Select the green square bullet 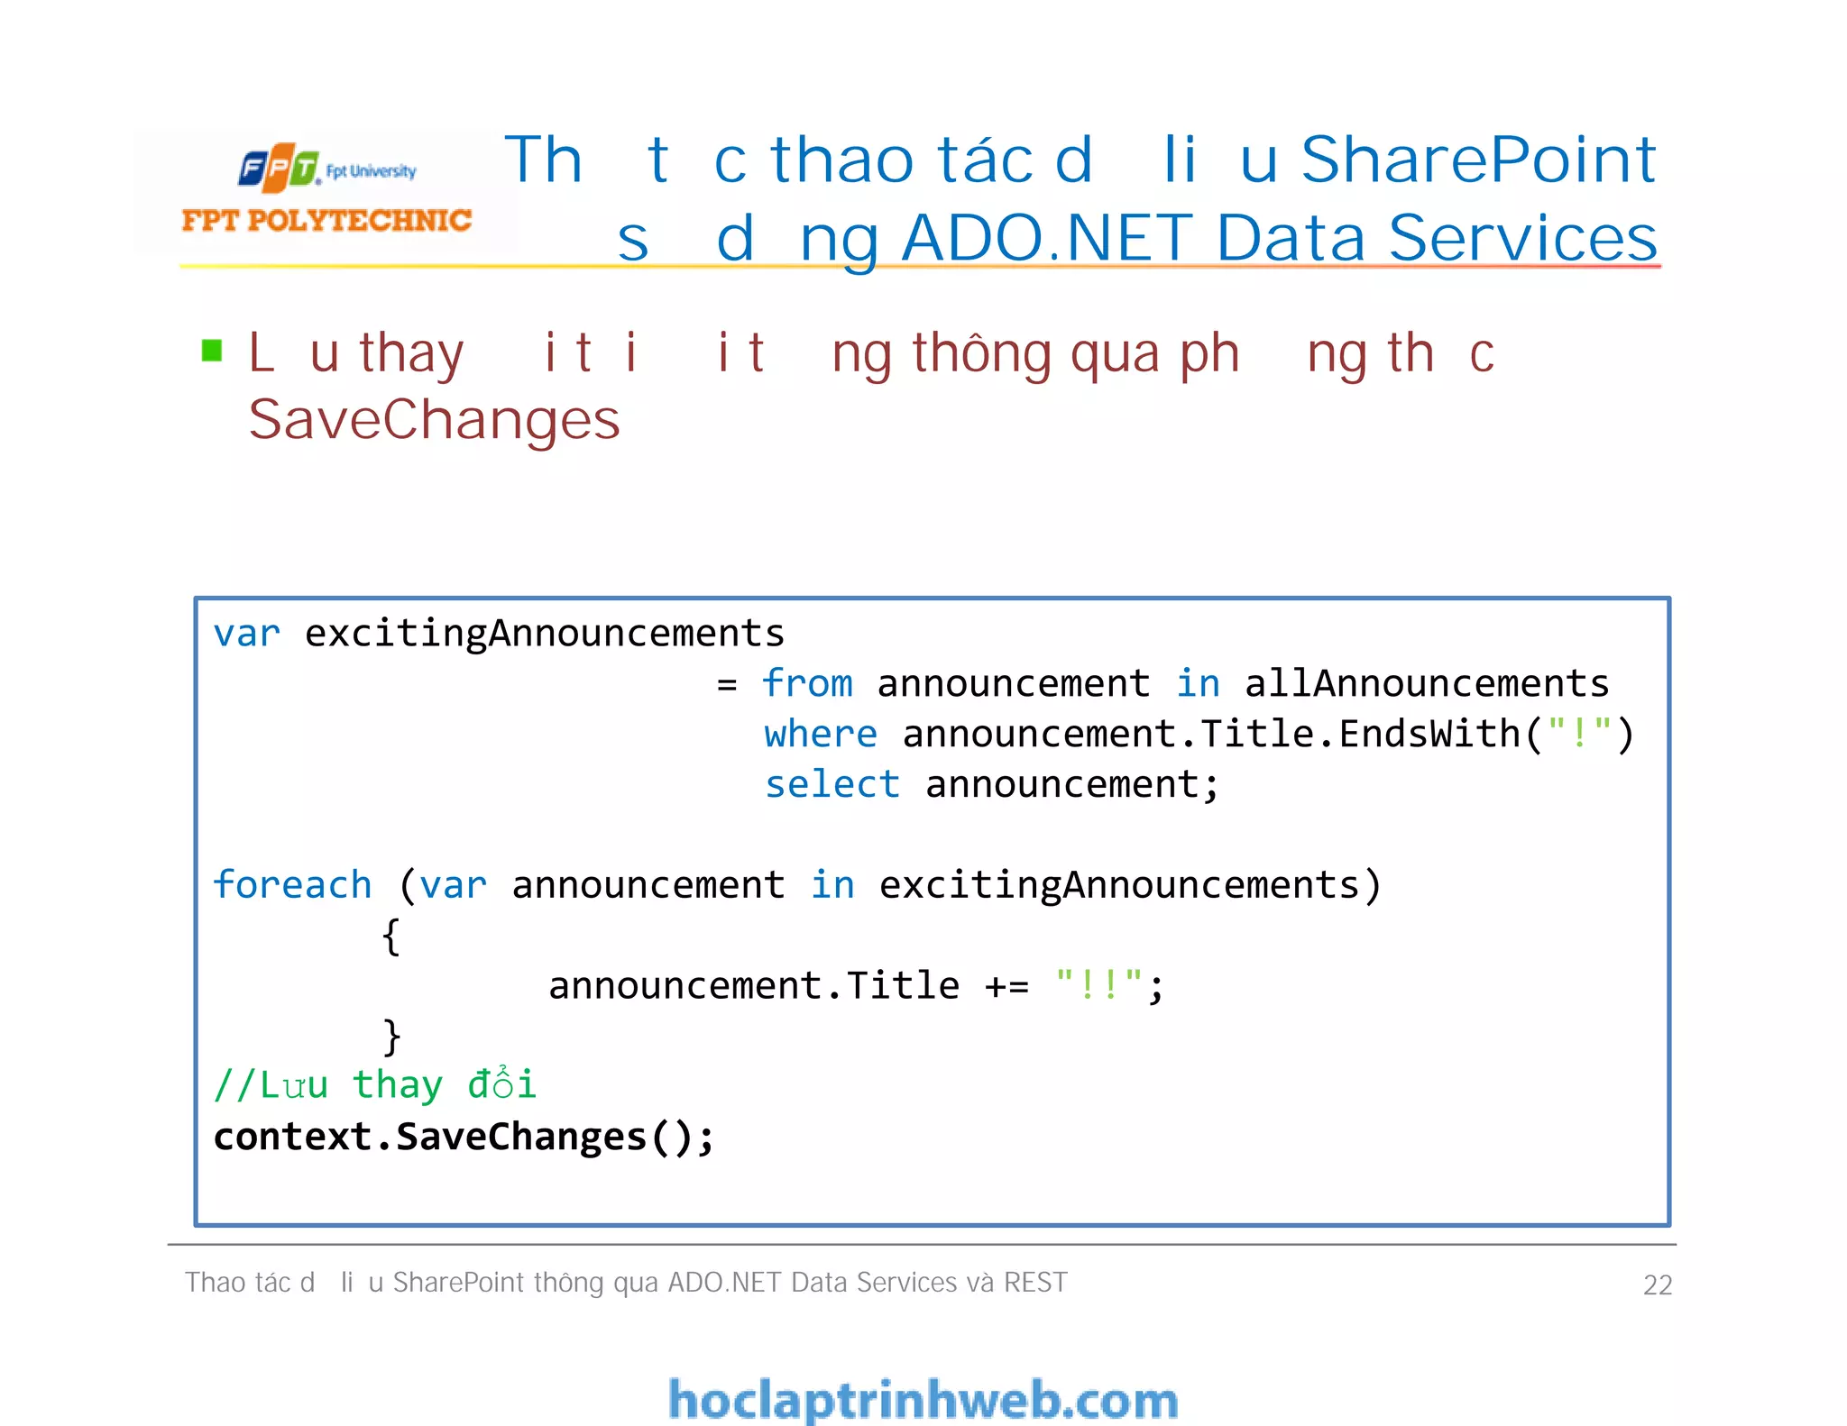click(212, 350)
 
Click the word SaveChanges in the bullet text click(434, 420)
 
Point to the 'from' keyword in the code click(807, 683)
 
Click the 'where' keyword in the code click(820, 734)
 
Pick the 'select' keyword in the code click(832, 784)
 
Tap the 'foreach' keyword click(292, 885)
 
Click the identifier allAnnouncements click(1426, 683)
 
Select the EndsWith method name click(1429, 734)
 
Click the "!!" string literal click(1098, 984)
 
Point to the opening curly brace click(391, 937)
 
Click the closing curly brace click(391, 1037)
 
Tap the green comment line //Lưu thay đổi click(374, 1084)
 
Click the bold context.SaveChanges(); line click(464, 1137)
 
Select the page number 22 click(1657, 1284)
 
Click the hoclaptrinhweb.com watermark click(923, 1400)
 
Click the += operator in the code click(1006, 986)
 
